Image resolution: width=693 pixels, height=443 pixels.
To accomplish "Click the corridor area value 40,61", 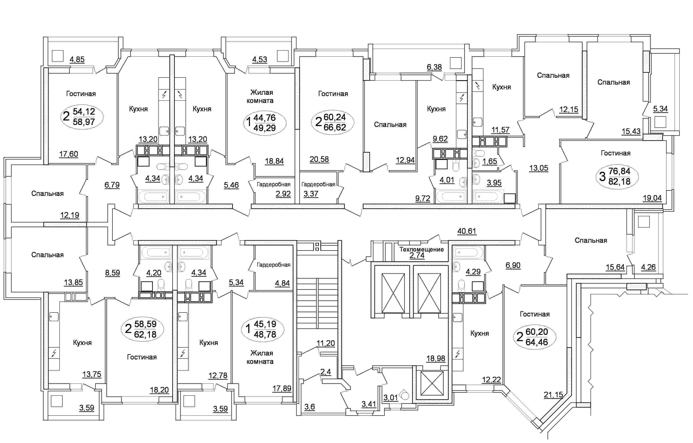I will [x=467, y=231].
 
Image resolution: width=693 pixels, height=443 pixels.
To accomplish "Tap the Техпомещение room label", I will [x=421, y=249].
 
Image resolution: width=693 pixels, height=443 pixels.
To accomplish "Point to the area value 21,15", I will [x=553, y=395].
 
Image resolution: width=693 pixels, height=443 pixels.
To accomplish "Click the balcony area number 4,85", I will [x=77, y=60].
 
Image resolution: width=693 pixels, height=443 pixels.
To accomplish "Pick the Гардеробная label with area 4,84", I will [x=273, y=265].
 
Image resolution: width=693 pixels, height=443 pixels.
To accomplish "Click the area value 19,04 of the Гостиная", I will [x=652, y=198].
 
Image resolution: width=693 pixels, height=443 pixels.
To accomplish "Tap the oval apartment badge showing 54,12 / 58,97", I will [x=82, y=116].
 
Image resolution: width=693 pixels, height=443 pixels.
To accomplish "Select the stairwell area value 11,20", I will [x=326, y=343].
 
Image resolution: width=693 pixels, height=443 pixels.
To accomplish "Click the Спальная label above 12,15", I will [x=553, y=75].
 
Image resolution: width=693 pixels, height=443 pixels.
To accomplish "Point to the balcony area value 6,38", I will [x=434, y=67].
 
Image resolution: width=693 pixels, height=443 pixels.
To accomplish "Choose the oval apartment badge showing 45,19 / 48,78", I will [x=263, y=329].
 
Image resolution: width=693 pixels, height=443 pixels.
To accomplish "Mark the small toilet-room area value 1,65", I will [x=490, y=161].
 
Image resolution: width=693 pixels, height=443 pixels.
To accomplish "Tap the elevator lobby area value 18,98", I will [x=436, y=358].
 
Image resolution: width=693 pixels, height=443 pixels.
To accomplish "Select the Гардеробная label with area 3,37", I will [x=318, y=184].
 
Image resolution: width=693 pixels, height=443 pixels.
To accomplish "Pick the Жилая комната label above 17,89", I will [x=260, y=357].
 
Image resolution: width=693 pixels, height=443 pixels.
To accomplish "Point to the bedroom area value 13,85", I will [x=73, y=283].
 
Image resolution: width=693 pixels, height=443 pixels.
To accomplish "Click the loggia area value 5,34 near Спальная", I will [x=660, y=109].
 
